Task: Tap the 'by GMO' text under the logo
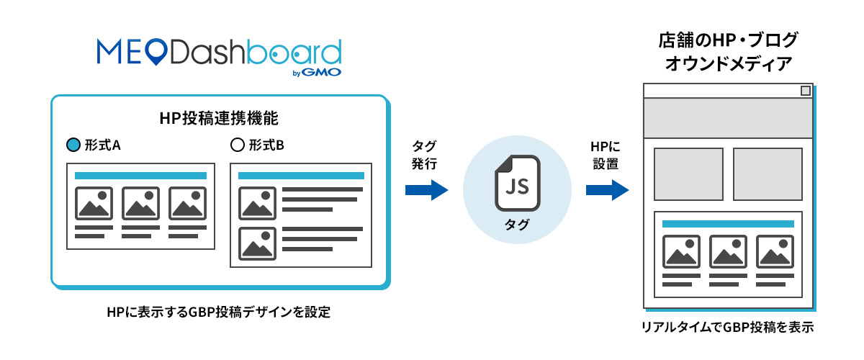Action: tap(317, 72)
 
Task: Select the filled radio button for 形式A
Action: tap(72, 145)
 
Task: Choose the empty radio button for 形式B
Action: tap(236, 145)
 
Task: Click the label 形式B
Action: tap(266, 145)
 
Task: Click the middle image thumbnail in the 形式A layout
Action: tap(140, 203)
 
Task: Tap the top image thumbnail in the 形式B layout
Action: tap(257, 203)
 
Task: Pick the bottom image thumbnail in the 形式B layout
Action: tap(257, 243)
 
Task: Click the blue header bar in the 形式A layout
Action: tap(140, 175)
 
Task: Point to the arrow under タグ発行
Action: tap(426, 190)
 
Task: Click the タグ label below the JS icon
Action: tap(516, 225)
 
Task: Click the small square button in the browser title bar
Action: tap(805, 91)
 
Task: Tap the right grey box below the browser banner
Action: tap(767, 174)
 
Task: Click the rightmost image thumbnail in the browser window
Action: tap(774, 252)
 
